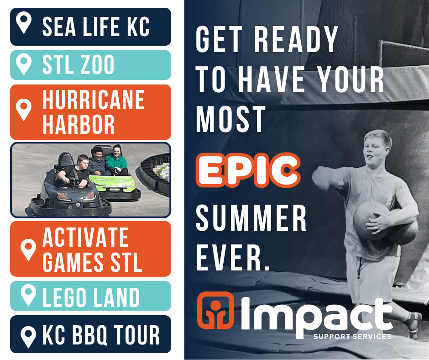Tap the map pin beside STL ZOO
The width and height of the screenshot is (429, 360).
24,64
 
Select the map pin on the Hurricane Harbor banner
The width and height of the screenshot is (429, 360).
24,109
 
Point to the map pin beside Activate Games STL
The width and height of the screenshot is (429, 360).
28,249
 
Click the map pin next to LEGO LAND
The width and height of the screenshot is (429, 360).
28,295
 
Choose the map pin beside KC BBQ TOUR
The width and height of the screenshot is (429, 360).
28,337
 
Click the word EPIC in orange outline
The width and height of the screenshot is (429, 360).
248,170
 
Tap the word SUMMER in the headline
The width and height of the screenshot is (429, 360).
251,218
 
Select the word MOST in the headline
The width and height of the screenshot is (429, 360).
230,119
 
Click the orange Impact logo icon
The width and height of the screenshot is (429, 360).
215,310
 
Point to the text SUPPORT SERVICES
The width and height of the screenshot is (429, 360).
352,336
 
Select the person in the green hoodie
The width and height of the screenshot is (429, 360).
116,160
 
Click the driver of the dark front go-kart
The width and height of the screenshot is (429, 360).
74,171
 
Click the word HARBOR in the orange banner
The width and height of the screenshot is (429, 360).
78,124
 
